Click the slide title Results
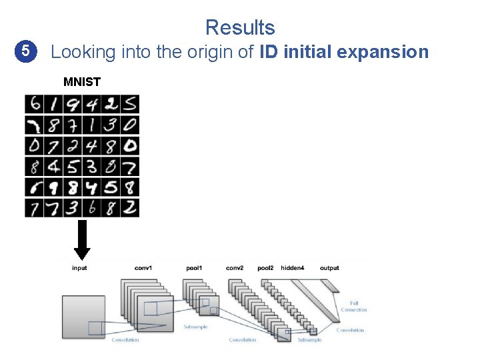[x=240, y=27]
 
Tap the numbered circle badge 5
[x=25, y=51]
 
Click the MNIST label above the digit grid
[x=82, y=83]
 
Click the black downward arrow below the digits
[x=82, y=240]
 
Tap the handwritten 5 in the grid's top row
[x=130, y=104]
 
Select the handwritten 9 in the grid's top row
[x=72, y=104]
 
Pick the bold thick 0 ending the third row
[x=130, y=145]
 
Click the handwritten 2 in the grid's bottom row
[x=130, y=207]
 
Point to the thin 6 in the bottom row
[x=92, y=207]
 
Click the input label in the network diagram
[x=79, y=268]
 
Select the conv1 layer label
[x=143, y=268]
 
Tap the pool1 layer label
[x=194, y=268]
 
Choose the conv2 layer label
[x=235, y=268]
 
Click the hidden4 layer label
[x=293, y=268]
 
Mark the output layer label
[x=329, y=268]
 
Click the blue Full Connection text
[x=353, y=307]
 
